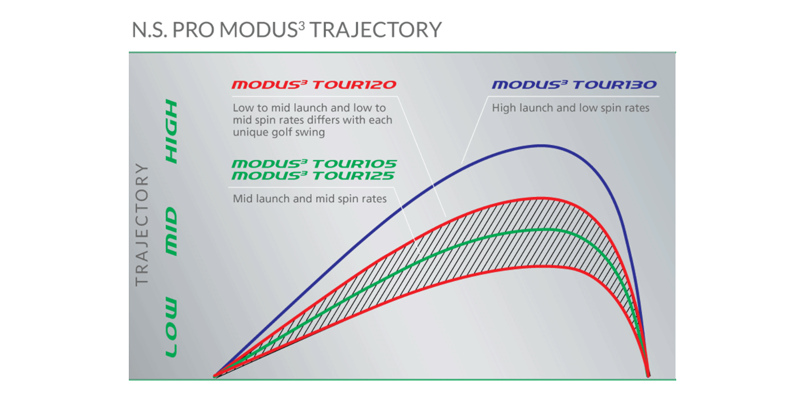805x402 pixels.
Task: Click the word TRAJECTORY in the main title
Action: [376, 30]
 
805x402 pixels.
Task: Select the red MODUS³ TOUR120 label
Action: [314, 85]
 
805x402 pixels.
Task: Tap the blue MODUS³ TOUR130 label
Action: [574, 85]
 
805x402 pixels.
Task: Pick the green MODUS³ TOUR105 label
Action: [314, 164]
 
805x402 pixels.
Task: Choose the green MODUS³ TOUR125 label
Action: [313, 176]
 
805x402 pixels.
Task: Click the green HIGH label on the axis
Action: [172, 131]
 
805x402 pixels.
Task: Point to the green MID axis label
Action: [172, 232]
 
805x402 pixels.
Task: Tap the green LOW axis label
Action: [172, 327]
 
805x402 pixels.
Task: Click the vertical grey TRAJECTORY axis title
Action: [142, 225]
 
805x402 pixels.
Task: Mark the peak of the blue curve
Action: [542, 145]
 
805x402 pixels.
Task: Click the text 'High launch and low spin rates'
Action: [571, 108]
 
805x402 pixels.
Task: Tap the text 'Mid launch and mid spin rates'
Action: [310, 199]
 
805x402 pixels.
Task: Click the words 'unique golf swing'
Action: [279, 133]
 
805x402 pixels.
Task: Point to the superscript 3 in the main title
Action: [301, 25]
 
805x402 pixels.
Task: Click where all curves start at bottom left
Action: [215, 376]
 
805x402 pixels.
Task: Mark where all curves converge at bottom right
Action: [649, 375]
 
